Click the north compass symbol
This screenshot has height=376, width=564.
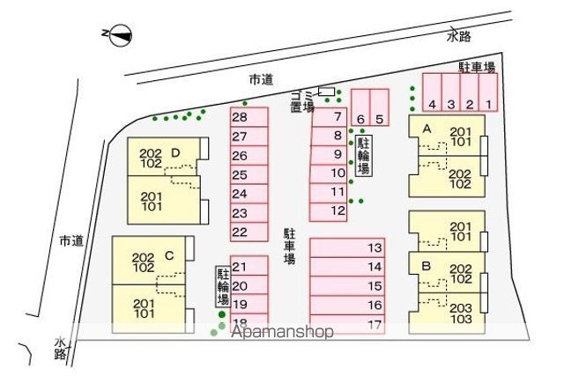[121, 35]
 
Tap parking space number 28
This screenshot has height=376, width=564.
[249, 117]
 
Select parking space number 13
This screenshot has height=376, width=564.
[347, 247]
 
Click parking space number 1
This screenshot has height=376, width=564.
[488, 92]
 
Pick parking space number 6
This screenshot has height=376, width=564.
[360, 107]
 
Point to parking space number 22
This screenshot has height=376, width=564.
[249, 232]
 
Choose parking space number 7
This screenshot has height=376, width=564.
[330, 117]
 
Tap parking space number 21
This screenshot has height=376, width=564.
[249, 266]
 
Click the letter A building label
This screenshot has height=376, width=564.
[427, 129]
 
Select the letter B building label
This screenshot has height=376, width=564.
[427, 266]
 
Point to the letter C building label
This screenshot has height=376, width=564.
[169, 255]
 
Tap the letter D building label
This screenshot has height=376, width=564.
[175, 153]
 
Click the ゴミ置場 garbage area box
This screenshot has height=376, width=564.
[327, 92]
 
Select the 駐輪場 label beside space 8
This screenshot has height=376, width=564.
[364, 155]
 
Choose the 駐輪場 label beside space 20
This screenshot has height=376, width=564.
[223, 286]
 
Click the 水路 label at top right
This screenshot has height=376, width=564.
[459, 36]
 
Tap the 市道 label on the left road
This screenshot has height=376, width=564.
[71, 241]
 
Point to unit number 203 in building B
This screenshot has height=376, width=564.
[461, 308]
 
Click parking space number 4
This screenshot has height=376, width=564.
[432, 92]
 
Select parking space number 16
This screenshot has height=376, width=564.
[347, 306]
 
